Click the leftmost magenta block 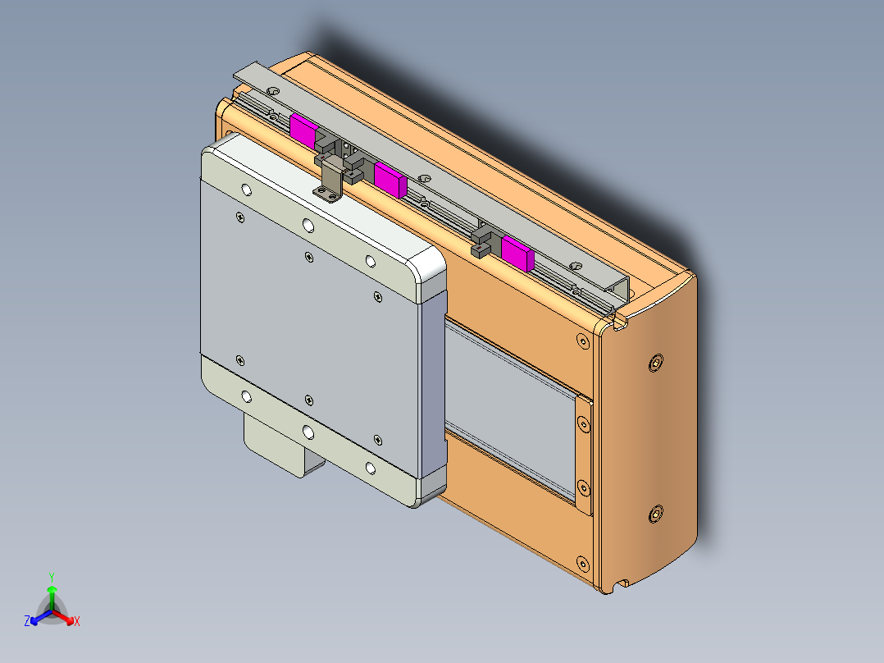303,131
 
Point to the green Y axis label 52,577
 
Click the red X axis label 76,622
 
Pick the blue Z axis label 27,622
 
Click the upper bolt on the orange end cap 656,362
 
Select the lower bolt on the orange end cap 654,514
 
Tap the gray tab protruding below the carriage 283,448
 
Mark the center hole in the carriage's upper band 308,226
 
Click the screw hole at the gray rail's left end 274,90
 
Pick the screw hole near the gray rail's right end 575,266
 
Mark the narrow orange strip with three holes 583,455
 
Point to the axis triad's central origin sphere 51,610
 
